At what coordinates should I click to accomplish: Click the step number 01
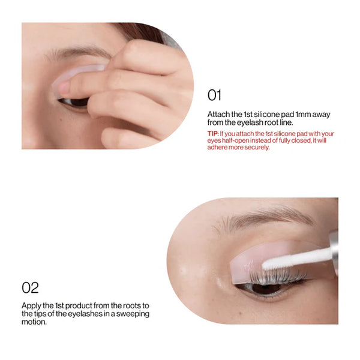tap(215, 95)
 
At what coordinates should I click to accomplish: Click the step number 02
tap(31, 287)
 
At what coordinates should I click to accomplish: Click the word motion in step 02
tap(34, 322)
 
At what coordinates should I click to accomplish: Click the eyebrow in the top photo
tap(78, 52)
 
